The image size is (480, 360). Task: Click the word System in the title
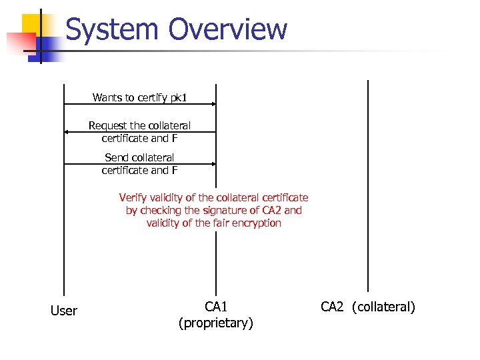(x=112, y=30)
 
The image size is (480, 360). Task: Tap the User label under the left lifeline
(x=64, y=311)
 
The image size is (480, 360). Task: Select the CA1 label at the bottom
(x=216, y=307)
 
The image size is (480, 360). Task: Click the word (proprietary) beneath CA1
(x=216, y=323)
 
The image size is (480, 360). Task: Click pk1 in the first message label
(x=178, y=98)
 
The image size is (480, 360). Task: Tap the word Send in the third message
(x=116, y=157)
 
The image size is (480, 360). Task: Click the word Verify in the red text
(x=131, y=197)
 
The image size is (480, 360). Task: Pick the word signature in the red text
(x=219, y=210)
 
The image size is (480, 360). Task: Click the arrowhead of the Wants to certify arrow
(x=213, y=104)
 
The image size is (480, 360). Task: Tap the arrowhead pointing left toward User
(x=67, y=132)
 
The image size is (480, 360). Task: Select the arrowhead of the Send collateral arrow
(x=213, y=163)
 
